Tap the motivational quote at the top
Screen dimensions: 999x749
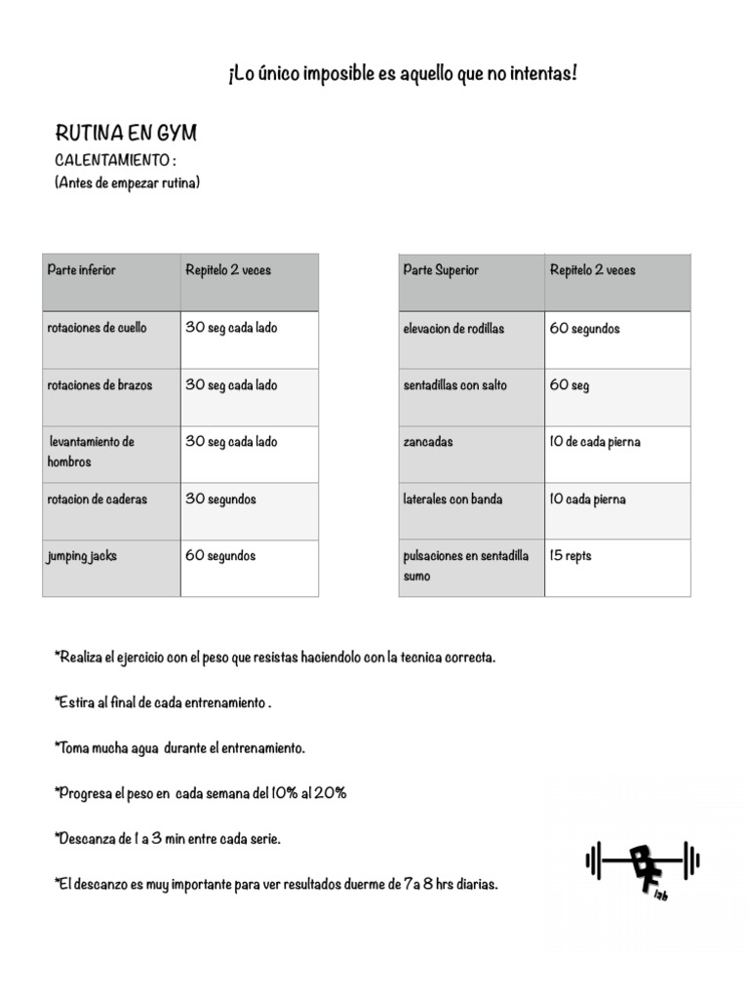pyautogui.click(x=402, y=74)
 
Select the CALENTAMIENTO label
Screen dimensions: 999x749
pyautogui.click(x=115, y=159)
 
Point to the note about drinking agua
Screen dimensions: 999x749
pyautogui.click(x=180, y=748)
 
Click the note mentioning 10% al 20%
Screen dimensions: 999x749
pyautogui.click(x=201, y=794)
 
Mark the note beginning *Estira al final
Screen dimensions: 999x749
pyautogui.click(x=163, y=703)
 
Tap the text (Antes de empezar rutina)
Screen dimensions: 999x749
pyautogui.click(x=127, y=182)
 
